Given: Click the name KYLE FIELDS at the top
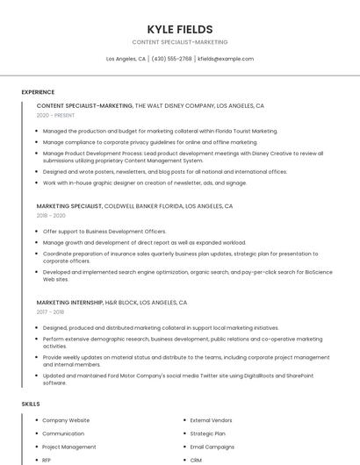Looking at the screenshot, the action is (179, 29).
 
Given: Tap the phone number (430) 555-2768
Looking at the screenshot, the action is (171, 59).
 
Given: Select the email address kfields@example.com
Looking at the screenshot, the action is (226, 59).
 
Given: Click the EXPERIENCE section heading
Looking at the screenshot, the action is (38, 92).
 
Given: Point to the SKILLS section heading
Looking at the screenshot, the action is (31, 404).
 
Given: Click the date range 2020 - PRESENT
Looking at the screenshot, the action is (55, 115).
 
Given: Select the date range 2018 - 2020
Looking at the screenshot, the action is (51, 215).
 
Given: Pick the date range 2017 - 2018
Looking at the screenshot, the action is (51, 311).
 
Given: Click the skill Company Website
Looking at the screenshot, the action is (66, 420).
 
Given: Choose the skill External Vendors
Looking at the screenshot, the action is (212, 420).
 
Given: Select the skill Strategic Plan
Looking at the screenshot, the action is (207, 433).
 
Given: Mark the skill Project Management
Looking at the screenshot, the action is (69, 447).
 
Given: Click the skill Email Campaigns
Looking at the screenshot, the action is (212, 447).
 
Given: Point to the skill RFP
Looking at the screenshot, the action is (47, 460).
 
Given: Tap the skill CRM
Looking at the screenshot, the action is (196, 460).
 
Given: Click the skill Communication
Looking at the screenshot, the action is (63, 433).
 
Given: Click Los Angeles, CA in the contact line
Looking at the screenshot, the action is (126, 59).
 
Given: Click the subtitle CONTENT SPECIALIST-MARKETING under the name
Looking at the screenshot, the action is (179, 42).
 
